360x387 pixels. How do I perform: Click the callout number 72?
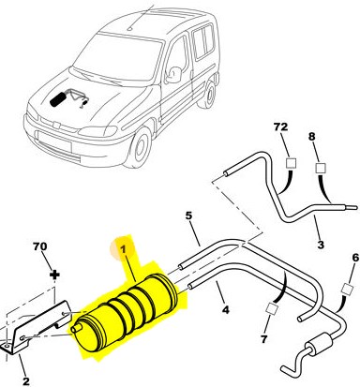280,127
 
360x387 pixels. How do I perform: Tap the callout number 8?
312,137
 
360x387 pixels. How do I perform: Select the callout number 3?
321,245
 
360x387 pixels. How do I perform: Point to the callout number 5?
188,216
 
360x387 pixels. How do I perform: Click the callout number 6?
355,258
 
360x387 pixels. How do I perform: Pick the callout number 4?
225,310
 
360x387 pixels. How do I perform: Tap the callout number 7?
264,339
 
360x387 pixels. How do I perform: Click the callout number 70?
40,246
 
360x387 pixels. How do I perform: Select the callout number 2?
26,380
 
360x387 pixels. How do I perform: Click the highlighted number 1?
124,249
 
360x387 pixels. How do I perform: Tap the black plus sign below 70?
55,275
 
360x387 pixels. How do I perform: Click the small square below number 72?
292,163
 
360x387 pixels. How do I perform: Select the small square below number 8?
321,168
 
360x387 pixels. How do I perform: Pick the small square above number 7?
272,308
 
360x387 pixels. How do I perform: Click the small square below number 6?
348,289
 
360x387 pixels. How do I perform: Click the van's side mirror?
173,75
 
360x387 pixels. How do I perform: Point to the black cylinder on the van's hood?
58,99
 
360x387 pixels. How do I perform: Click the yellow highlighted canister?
126,312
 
